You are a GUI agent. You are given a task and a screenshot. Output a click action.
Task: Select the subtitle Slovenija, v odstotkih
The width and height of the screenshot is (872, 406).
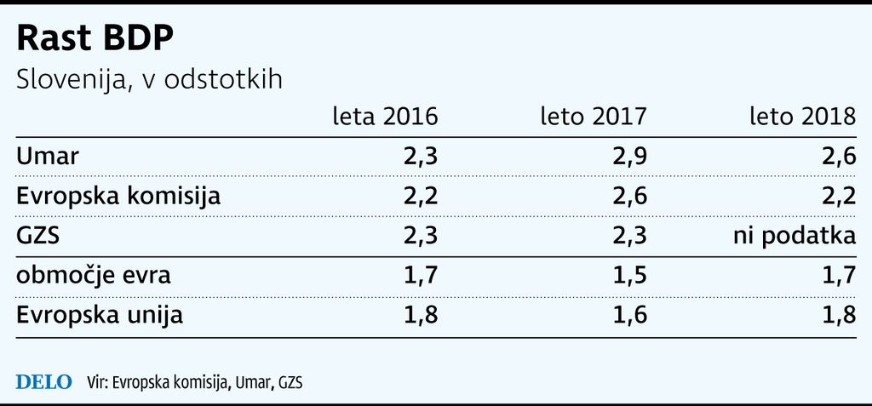(150, 80)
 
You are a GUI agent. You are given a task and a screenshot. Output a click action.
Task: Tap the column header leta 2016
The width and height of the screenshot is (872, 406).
(386, 117)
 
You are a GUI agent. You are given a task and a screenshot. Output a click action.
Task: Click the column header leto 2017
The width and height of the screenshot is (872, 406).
(594, 117)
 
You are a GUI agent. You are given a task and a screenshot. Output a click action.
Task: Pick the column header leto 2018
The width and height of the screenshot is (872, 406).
(803, 117)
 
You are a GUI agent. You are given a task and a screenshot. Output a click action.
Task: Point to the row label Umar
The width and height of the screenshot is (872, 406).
(48, 157)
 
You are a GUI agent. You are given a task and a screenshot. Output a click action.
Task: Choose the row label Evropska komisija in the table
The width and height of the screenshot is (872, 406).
(118, 197)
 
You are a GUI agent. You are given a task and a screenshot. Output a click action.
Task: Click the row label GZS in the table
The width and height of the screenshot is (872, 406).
(38, 237)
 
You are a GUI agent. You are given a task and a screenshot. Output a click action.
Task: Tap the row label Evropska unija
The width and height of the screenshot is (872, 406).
(100, 315)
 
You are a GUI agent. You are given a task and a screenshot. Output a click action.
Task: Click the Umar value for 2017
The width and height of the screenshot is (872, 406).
(629, 157)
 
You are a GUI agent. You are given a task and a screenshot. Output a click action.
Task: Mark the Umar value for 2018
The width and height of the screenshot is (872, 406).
(839, 157)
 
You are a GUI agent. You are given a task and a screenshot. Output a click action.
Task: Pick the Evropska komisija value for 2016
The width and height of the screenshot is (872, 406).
(421, 197)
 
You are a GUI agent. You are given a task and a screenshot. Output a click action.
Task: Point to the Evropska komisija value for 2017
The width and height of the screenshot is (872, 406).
(629, 197)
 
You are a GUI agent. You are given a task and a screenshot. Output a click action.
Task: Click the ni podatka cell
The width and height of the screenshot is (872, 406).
(795, 237)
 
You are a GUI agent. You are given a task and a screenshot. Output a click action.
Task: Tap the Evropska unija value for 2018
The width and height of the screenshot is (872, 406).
(839, 316)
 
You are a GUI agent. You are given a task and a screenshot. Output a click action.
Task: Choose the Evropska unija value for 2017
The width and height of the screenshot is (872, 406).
(630, 316)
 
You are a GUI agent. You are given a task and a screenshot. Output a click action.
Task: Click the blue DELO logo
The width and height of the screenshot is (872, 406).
(44, 382)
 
